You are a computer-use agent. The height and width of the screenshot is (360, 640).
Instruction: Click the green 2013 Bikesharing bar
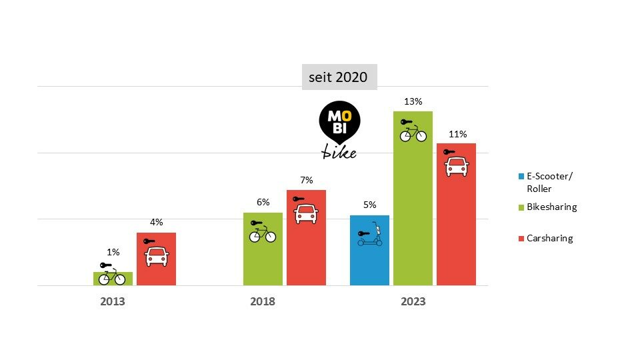tap(113, 279)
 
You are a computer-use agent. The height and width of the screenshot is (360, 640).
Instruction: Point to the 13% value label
tap(413, 102)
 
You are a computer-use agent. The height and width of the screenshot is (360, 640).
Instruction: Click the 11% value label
tap(457, 134)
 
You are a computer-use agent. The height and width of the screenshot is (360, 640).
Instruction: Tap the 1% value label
tap(113, 252)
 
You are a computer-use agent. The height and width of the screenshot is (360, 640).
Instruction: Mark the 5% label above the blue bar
tap(370, 205)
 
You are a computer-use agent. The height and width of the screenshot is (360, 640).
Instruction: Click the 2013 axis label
tap(113, 301)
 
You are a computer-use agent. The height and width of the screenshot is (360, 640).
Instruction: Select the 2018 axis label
tap(263, 301)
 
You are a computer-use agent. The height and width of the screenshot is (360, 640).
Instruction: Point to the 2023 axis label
tap(413, 301)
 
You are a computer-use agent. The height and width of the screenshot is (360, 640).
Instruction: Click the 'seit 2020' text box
tap(339, 77)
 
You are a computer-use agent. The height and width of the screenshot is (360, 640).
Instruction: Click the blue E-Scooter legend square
tap(521, 177)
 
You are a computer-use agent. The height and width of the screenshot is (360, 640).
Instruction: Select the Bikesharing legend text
tap(551, 207)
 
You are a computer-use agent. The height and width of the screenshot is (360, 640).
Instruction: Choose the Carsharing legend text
tap(549, 238)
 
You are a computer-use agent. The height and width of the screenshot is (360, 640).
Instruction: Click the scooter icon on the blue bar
tap(370, 237)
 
